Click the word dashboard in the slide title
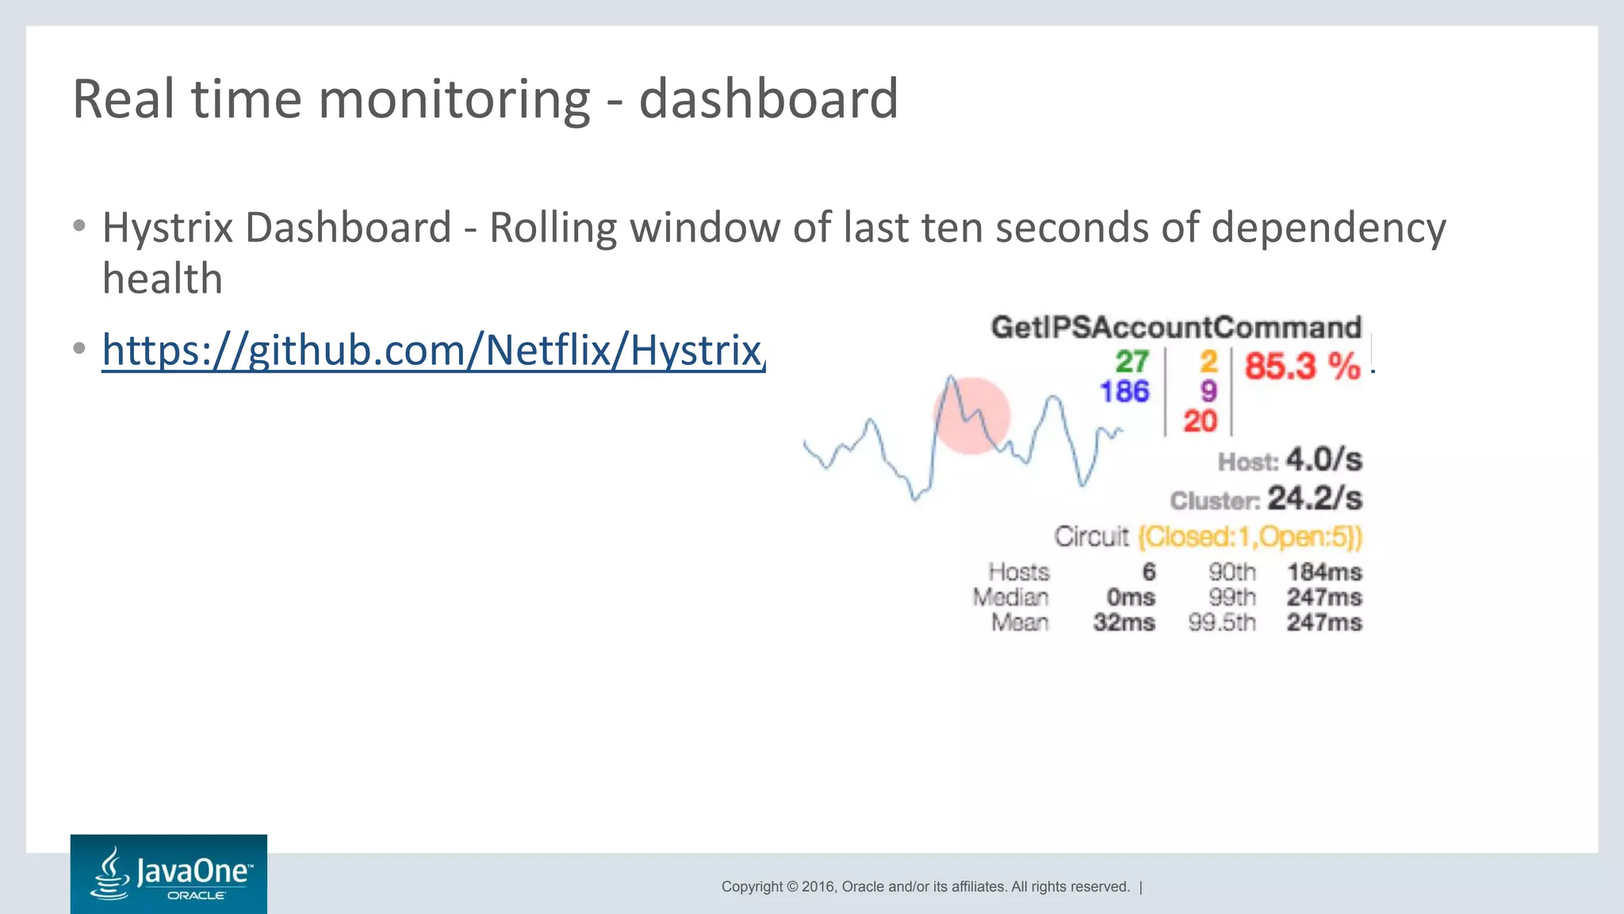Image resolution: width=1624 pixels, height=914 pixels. pyautogui.click(x=768, y=99)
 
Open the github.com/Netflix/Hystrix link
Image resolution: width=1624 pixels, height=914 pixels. pyautogui.click(x=433, y=350)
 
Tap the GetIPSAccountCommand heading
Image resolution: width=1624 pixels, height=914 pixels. pyautogui.click(x=1176, y=328)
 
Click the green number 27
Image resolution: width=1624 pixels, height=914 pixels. pyautogui.click(x=1132, y=362)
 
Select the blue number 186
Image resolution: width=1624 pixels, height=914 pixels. pyautogui.click(x=1124, y=391)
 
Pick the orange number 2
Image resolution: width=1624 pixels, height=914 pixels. pyautogui.click(x=1208, y=362)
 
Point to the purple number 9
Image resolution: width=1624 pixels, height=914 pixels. pyautogui.click(x=1208, y=391)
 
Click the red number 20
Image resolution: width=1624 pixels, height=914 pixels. pyautogui.click(x=1200, y=421)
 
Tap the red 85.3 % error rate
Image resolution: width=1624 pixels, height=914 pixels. pyautogui.click(x=1302, y=367)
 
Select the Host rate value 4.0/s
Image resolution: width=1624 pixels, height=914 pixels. pyautogui.click(x=1323, y=459)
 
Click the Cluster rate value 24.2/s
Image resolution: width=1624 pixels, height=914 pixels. pyautogui.click(x=1314, y=498)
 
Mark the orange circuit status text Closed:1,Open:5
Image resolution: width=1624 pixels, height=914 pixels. pyautogui.click(x=1250, y=537)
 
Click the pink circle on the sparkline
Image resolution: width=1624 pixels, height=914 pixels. pyautogui.click(x=972, y=416)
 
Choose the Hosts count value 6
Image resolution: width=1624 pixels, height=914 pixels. pyautogui.click(x=1148, y=572)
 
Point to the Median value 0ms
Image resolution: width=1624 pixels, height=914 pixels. pyautogui.click(x=1130, y=597)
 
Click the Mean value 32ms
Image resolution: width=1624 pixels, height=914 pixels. pyautogui.click(x=1124, y=623)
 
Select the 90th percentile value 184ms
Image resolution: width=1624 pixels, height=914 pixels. pyautogui.click(x=1323, y=572)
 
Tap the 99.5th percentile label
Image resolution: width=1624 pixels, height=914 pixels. pyautogui.click(x=1222, y=623)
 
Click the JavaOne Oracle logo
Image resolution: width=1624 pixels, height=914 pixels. pyautogui.click(x=169, y=874)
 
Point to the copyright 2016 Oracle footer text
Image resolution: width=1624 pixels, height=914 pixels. pyautogui.click(x=925, y=887)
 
